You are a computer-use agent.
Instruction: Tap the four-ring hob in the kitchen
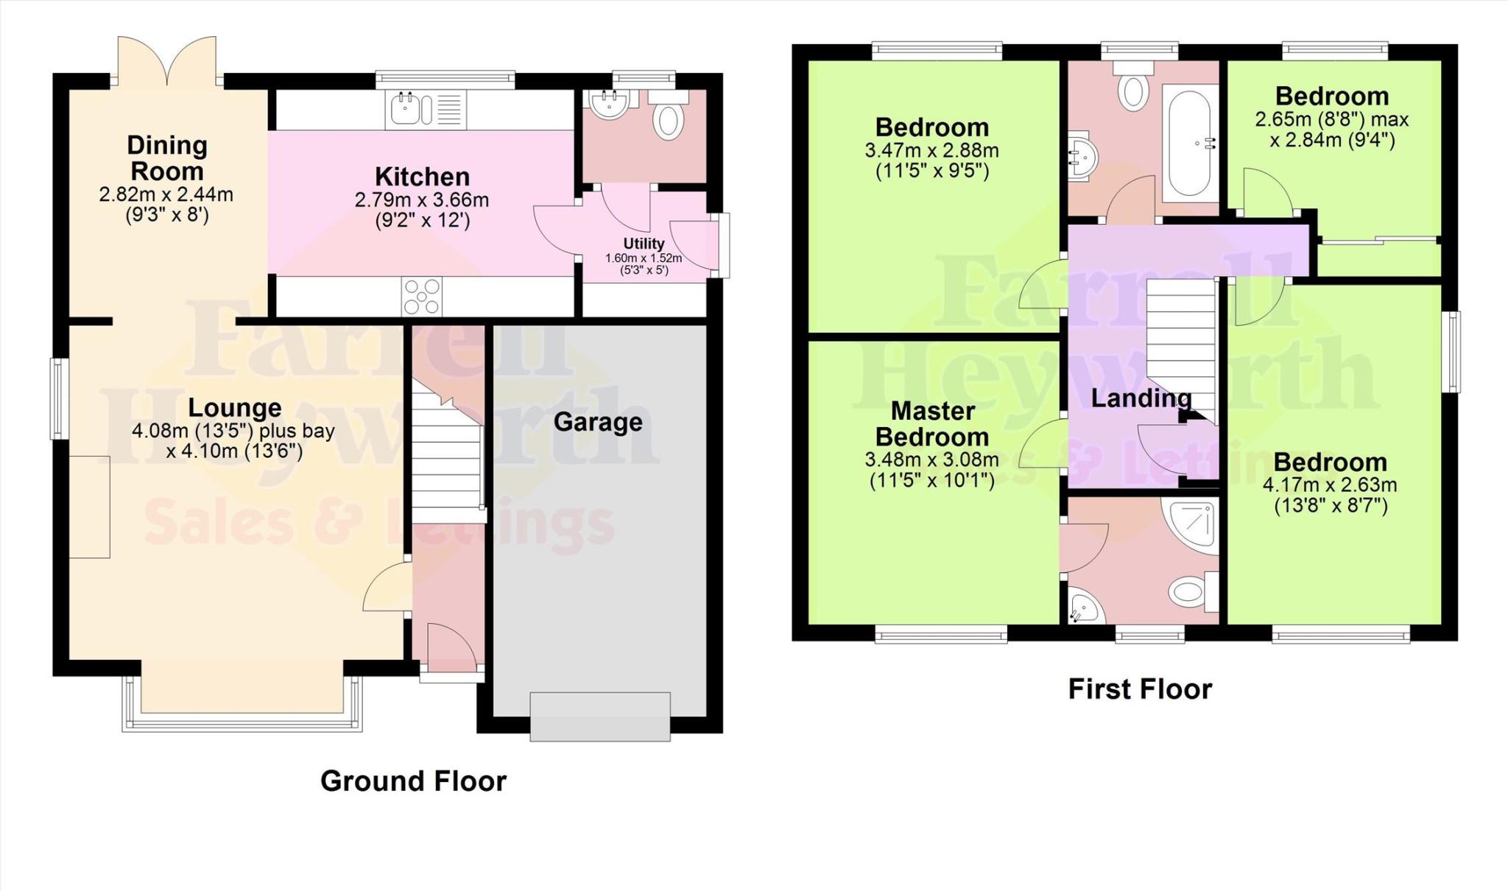421,297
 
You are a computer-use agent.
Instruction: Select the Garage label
598,422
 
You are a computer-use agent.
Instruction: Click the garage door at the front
600,716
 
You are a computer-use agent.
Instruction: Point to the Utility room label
644,244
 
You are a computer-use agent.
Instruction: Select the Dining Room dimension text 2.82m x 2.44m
166,195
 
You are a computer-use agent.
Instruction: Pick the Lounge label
234,407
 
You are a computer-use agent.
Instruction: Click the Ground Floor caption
413,781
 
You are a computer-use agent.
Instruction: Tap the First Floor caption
1140,689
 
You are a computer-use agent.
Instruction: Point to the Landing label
1141,398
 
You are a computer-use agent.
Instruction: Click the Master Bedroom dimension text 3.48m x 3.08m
932,460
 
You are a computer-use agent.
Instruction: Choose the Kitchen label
422,177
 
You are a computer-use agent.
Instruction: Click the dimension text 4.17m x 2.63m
1330,485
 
